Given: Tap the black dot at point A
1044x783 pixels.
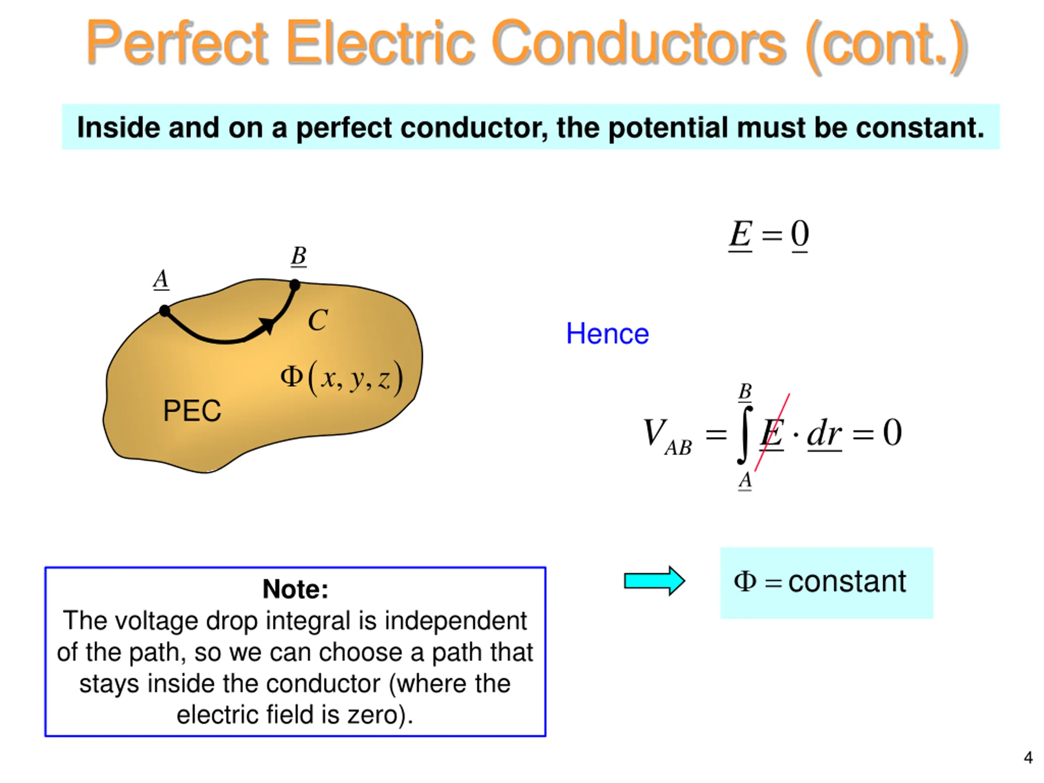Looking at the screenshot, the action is pyautogui.click(x=164, y=311).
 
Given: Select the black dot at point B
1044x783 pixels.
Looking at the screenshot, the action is pyautogui.click(x=294, y=285).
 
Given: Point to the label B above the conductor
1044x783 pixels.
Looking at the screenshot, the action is pyautogui.click(x=298, y=256).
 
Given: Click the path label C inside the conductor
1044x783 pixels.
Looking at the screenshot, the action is pyautogui.click(x=318, y=321).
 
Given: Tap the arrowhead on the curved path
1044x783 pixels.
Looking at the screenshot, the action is pyautogui.click(x=266, y=325).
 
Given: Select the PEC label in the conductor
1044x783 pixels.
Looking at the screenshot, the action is pyautogui.click(x=192, y=411).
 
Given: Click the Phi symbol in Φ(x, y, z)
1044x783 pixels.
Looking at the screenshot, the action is pyautogui.click(x=291, y=377).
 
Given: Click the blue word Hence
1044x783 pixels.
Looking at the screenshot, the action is pyautogui.click(x=607, y=334).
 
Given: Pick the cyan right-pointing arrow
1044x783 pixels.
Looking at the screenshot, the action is pyautogui.click(x=654, y=581).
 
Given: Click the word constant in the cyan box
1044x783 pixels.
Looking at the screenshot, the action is pyautogui.click(x=847, y=582).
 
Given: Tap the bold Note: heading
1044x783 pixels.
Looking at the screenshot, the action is pyautogui.click(x=295, y=589).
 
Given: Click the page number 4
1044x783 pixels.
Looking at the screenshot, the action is pyautogui.click(x=1028, y=758).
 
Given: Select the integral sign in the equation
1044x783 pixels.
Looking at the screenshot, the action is pyautogui.click(x=745, y=434).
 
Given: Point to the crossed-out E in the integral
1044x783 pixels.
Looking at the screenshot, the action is pyautogui.click(x=771, y=433).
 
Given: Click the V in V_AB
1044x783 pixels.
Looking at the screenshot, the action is pyautogui.click(x=655, y=432).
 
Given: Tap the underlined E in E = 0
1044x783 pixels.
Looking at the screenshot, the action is pyautogui.click(x=740, y=234).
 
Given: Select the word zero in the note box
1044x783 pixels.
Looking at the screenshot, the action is pyautogui.click(x=373, y=714).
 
